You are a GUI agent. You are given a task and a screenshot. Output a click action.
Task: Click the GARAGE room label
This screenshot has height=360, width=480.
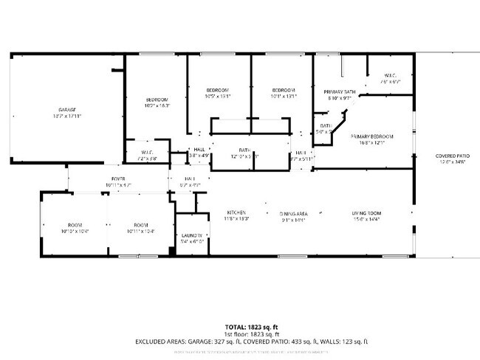tap(67, 109)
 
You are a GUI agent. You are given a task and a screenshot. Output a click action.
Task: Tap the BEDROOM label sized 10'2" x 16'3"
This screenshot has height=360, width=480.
tap(157, 100)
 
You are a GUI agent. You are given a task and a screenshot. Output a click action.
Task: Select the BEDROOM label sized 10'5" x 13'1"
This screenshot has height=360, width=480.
tap(218, 90)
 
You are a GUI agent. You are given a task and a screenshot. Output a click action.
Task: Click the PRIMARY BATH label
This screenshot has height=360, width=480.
tap(342, 91)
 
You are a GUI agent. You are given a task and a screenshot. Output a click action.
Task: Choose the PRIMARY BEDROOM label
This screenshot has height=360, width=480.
tap(371, 136)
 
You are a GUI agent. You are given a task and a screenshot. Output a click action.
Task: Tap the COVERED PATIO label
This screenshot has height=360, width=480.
tap(453, 156)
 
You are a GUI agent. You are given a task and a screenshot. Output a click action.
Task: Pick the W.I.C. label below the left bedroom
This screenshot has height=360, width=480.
tap(146, 153)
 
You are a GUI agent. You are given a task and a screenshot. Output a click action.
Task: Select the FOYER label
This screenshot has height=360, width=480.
tap(118, 179)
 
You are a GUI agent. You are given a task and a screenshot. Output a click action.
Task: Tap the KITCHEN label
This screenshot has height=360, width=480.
tap(236, 213)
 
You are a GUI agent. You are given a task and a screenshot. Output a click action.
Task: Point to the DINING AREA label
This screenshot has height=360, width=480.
tap(293, 213)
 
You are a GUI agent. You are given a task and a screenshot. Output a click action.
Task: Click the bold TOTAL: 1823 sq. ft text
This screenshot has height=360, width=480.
tap(252, 326)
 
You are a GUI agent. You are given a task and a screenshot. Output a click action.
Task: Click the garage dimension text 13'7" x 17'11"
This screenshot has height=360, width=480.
tap(67, 117)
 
